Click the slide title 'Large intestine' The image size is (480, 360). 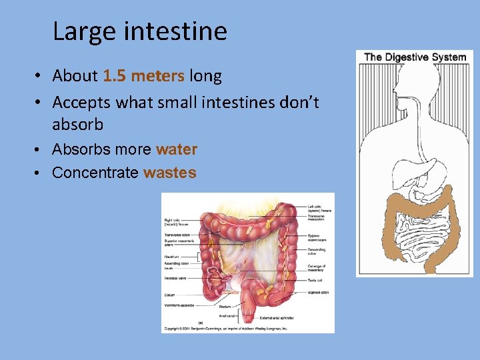[x=139, y=31]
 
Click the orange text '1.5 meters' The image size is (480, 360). [x=143, y=76]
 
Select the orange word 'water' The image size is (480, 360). [x=177, y=149]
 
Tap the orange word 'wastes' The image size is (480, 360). [x=169, y=173]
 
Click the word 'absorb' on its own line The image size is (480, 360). [x=78, y=124]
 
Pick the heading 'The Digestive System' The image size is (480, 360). [x=415, y=57]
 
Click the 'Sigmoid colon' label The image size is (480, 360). [x=318, y=293]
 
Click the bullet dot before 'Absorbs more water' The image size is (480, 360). [x=40, y=149]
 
